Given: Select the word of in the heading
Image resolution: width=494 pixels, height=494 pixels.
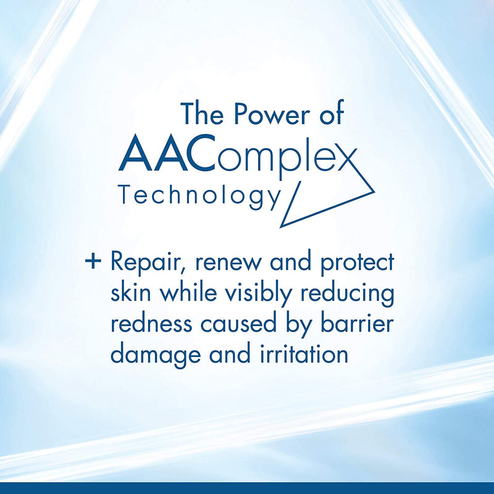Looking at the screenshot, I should [329, 116].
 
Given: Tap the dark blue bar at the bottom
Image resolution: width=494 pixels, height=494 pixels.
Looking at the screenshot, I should [247, 488].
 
